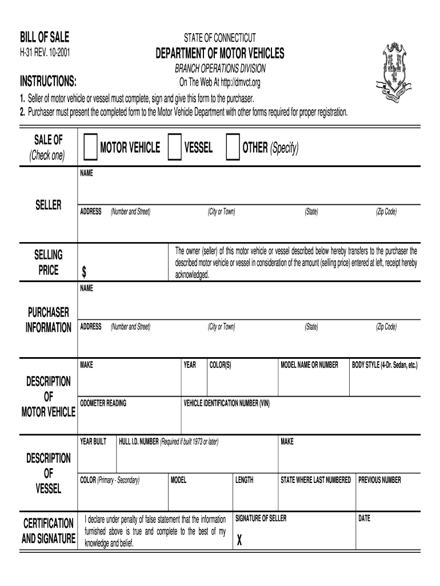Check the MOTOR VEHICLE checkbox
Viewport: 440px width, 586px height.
[90, 148]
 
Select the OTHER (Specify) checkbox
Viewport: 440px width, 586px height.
[233, 148]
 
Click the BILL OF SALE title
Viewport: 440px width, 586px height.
[45, 38]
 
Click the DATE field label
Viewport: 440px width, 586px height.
[364, 518]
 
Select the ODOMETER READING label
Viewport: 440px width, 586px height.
[103, 403]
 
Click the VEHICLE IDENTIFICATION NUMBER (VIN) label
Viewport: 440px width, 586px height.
[226, 403]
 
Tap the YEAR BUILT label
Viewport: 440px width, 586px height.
[93, 442]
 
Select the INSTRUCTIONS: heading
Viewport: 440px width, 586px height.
[49, 80]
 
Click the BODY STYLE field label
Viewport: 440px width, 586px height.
[385, 365]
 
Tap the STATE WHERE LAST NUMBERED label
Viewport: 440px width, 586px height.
[315, 480]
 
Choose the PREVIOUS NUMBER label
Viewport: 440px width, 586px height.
[379, 480]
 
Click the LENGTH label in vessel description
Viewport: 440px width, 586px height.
[244, 480]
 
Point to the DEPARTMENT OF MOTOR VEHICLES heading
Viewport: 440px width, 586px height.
[220, 54]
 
